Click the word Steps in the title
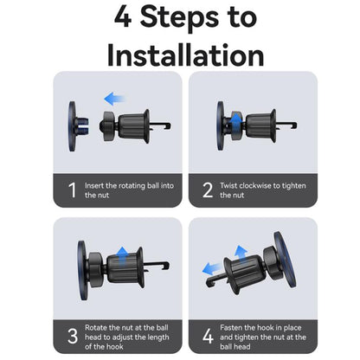pyautogui.click(x=179, y=18)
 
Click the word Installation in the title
pyautogui.click(x=185, y=55)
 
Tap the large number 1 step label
pyautogui.click(x=73, y=190)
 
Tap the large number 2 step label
pyautogui.click(x=208, y=190)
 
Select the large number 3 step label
pyautogui.click(x=73, y=336)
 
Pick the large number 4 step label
pyautogui.click(x=208, y=336)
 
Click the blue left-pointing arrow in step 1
pyautogui.click(x=114, y=99)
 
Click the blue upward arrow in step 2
pyautogui.click(x=236, y=122)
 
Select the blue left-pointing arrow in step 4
pyautogui.click(x=213, y=269)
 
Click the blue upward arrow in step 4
pyautogui.click(x=241, y=254)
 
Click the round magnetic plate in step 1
pyautogui.click(x=72, y=126)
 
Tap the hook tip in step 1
pyautogui.click(x=169, y=126)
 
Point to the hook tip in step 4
pyautogui.click(x=209, y=283)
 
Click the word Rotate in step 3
pyautogui.click(x=96, y=328)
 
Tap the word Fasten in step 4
pyautogui.click(x=231, y=328)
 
